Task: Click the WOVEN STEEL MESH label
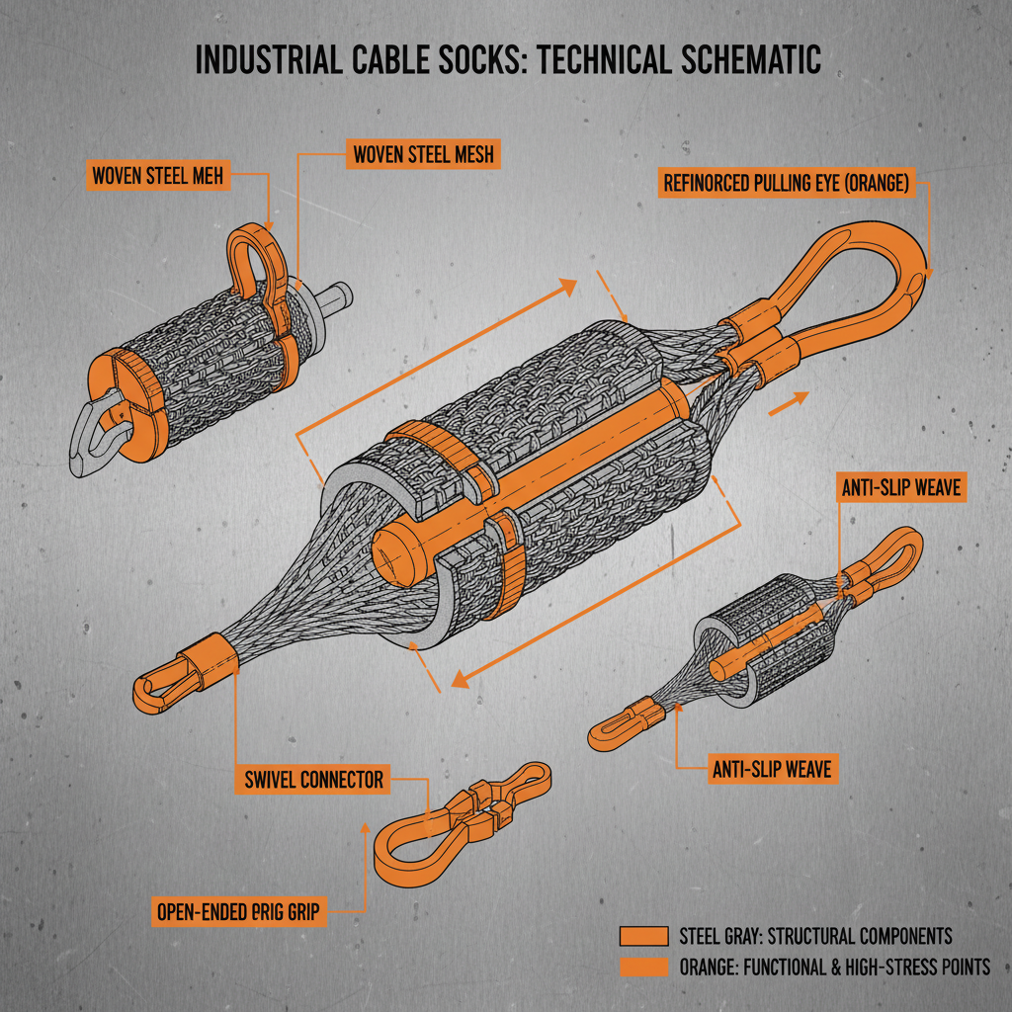coord(423,153)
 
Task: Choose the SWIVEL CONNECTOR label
coord(313,780)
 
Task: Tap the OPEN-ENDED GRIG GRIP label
coord(238,912)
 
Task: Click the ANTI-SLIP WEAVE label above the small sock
coord(899,487)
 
